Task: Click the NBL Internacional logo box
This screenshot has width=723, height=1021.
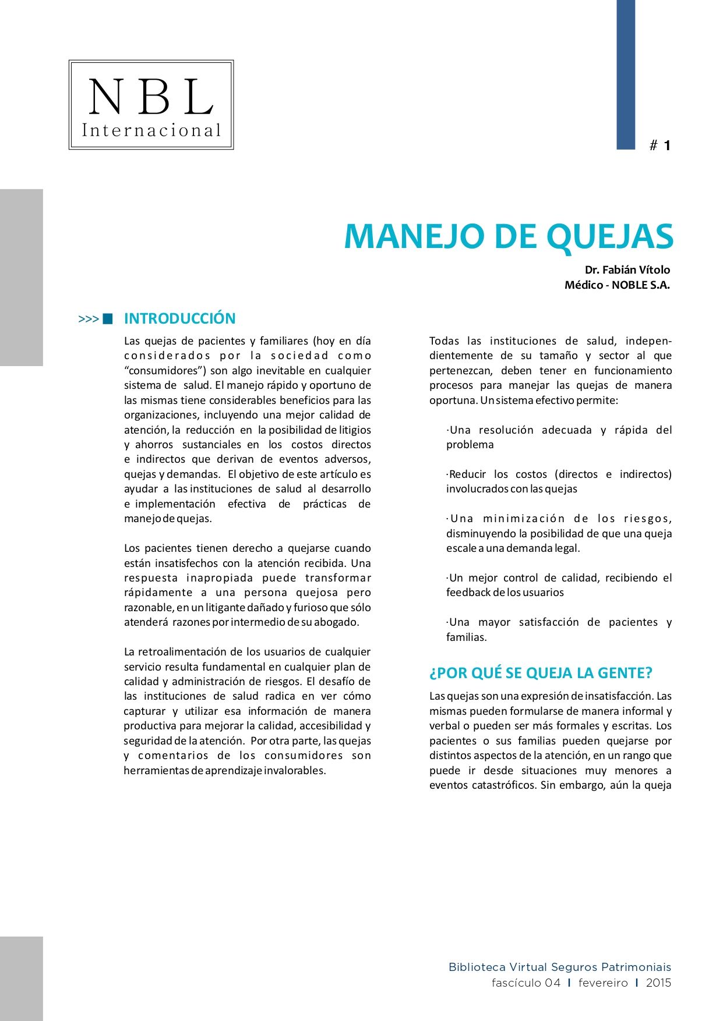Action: click(x=151, y=105)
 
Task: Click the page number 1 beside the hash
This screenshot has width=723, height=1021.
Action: click(x=667, y=146)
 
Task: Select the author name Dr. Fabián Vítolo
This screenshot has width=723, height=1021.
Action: click(x=627, y=270)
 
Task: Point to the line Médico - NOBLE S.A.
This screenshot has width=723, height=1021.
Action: click(x=617, y=285)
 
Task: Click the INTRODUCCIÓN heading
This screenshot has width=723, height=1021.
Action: click(x=179, y=318)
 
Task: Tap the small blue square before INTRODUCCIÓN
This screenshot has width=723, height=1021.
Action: click(x=107, y=318)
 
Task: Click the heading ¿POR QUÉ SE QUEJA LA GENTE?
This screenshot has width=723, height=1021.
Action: click(x=541, y=673)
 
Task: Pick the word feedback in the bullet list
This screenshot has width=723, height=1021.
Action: click(x=468, y=593)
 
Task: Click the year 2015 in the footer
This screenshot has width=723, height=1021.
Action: click(x=658, y=983)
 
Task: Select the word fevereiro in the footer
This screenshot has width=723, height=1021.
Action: click(x=603, y=983)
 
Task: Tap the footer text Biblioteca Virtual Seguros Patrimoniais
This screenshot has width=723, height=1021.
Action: click(x=559, y=967)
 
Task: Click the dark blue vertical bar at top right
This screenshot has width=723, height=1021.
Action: click(x=626, y=75)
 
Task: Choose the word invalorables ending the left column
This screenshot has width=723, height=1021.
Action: click(x=294, y=771)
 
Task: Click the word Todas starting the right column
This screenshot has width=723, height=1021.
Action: click(x=444, y=341)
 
